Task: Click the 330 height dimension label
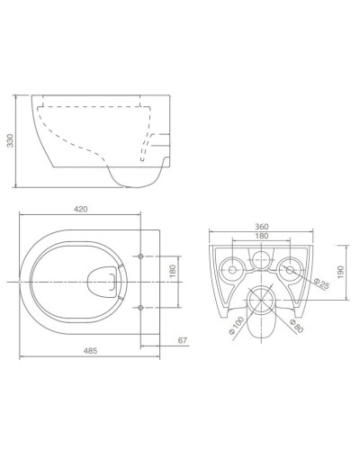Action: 11,140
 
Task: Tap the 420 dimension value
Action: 81,210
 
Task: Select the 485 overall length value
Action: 90,350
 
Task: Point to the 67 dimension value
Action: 183,340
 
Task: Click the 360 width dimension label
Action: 262,227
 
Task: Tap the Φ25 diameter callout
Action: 321,283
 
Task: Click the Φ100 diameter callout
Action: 236,326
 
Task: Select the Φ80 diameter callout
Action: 296,325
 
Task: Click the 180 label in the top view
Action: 173,271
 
